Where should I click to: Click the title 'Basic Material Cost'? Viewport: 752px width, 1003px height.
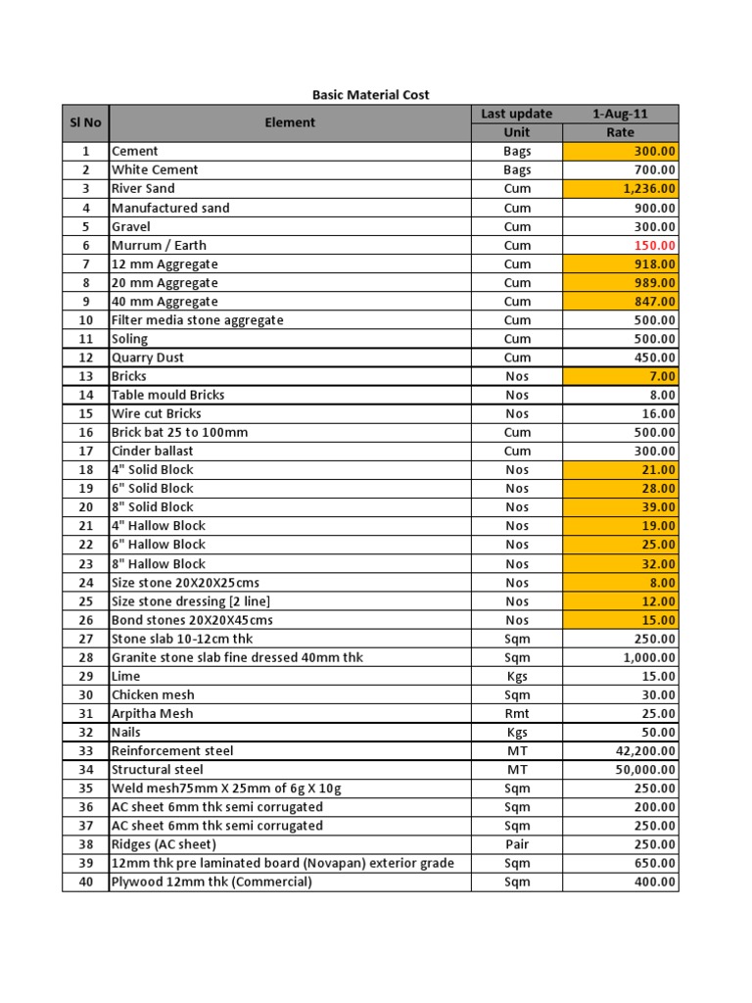(x=370, y=95)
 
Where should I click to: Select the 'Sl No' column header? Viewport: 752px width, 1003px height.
(x=85, y=122)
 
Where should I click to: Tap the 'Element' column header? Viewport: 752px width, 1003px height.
(x=290, y=122)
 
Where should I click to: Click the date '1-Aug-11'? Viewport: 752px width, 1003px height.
(x=620, y=114)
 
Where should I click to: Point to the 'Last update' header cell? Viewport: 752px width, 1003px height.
(x=517, y=114)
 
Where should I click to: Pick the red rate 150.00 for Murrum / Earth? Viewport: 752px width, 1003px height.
(x=653, y=245)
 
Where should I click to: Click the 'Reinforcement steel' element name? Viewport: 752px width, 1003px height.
(x=172, y=750)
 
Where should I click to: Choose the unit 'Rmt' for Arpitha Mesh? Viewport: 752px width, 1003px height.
(x=517, y=713)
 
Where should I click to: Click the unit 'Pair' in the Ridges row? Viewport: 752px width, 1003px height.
(x=517, y=844)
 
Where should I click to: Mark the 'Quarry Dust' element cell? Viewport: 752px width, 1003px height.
(x=148, y=358)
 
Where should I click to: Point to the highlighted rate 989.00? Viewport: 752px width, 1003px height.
(x=653, y=282)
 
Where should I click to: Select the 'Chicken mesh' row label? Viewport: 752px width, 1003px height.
(x=153, y=694)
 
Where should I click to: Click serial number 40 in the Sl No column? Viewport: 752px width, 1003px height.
(x=85, y=882)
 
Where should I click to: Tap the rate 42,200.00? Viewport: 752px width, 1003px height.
(x=640, y=750)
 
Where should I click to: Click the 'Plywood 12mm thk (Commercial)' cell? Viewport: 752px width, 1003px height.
(x=211, y=882)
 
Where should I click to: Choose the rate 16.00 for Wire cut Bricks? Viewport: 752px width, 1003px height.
(x=657, y=413)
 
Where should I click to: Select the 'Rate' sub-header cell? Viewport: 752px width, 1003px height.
(x=620, y=132)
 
